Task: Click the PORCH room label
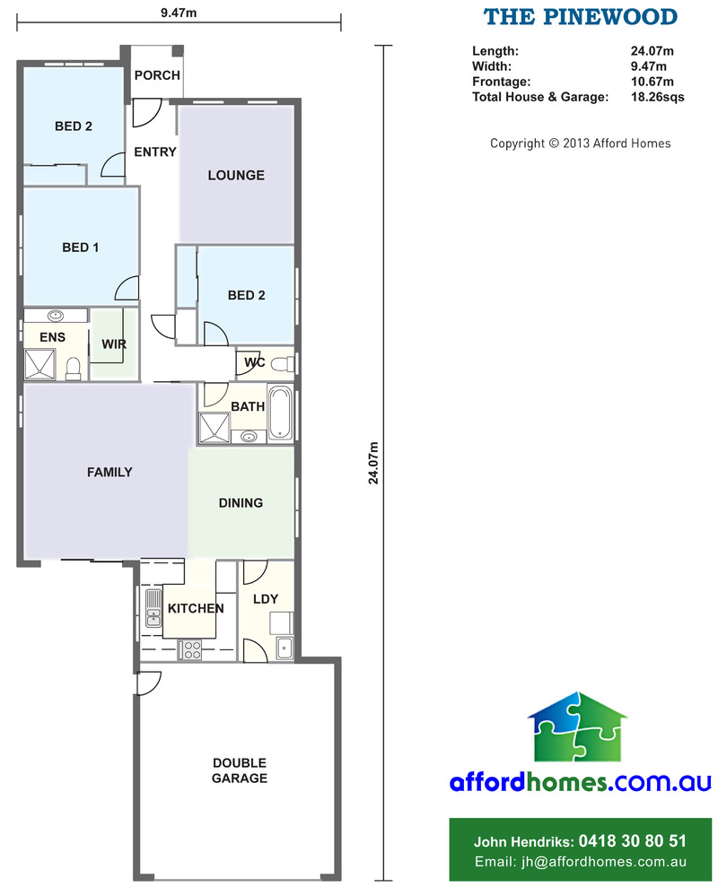tap(157, 75)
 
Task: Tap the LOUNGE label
tap(236, 176)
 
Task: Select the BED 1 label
tap(81, 248)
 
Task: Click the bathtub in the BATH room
tap(280, 413)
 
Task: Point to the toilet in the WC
tap(283, 364)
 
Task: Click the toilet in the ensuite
tap(73, 369)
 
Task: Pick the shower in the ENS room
tap(39, 365)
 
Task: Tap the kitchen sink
tap(153, 608)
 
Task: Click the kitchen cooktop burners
tap(189, 649)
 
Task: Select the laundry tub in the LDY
tap(285, 648)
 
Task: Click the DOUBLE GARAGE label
tap(240, 770)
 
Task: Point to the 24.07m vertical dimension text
tap(373, 464)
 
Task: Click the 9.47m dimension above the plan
tap(179, 13)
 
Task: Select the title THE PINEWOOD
tap(581, 17)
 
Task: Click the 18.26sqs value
tap(657, 97)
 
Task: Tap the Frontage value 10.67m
tap(652, 82)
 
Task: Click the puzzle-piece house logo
tap(578, 727)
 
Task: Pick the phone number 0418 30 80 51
tap(633, 841)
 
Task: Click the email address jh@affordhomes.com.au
tap(604, 862)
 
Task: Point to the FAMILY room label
tap(109, 473)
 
